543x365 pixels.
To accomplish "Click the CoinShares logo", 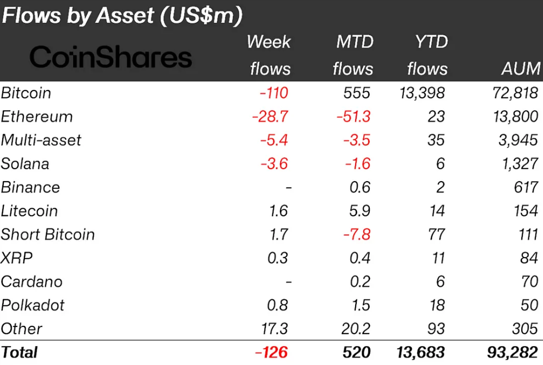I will pyautogui.click(x=110, y=57).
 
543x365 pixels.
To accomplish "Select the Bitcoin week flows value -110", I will pyautogui.click(x=273, y=93).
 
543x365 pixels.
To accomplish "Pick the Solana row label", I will pyautogui.click(x=25, y=164).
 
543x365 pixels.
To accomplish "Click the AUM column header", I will pyautogui.click(x=520, y=69).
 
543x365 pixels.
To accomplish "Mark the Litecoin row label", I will pyautogui.click(x=29, y=211).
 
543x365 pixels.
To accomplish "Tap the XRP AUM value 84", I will pyautogui.click(x=529, y=258).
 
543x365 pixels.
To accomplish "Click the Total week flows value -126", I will pyautogui.click(x=271, y=353).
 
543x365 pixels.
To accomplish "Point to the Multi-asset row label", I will pyautogui.click(x=41, y=140).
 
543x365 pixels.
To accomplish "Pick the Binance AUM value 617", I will pyautogui.click(x=525, y=188).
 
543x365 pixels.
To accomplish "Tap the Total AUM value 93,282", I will pyautogui.click(x=512, y=353).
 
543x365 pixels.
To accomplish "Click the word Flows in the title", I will pyautogui.click(x=32, y=16).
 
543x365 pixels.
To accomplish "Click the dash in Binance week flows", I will pyautogui.click(x=288, y=188).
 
